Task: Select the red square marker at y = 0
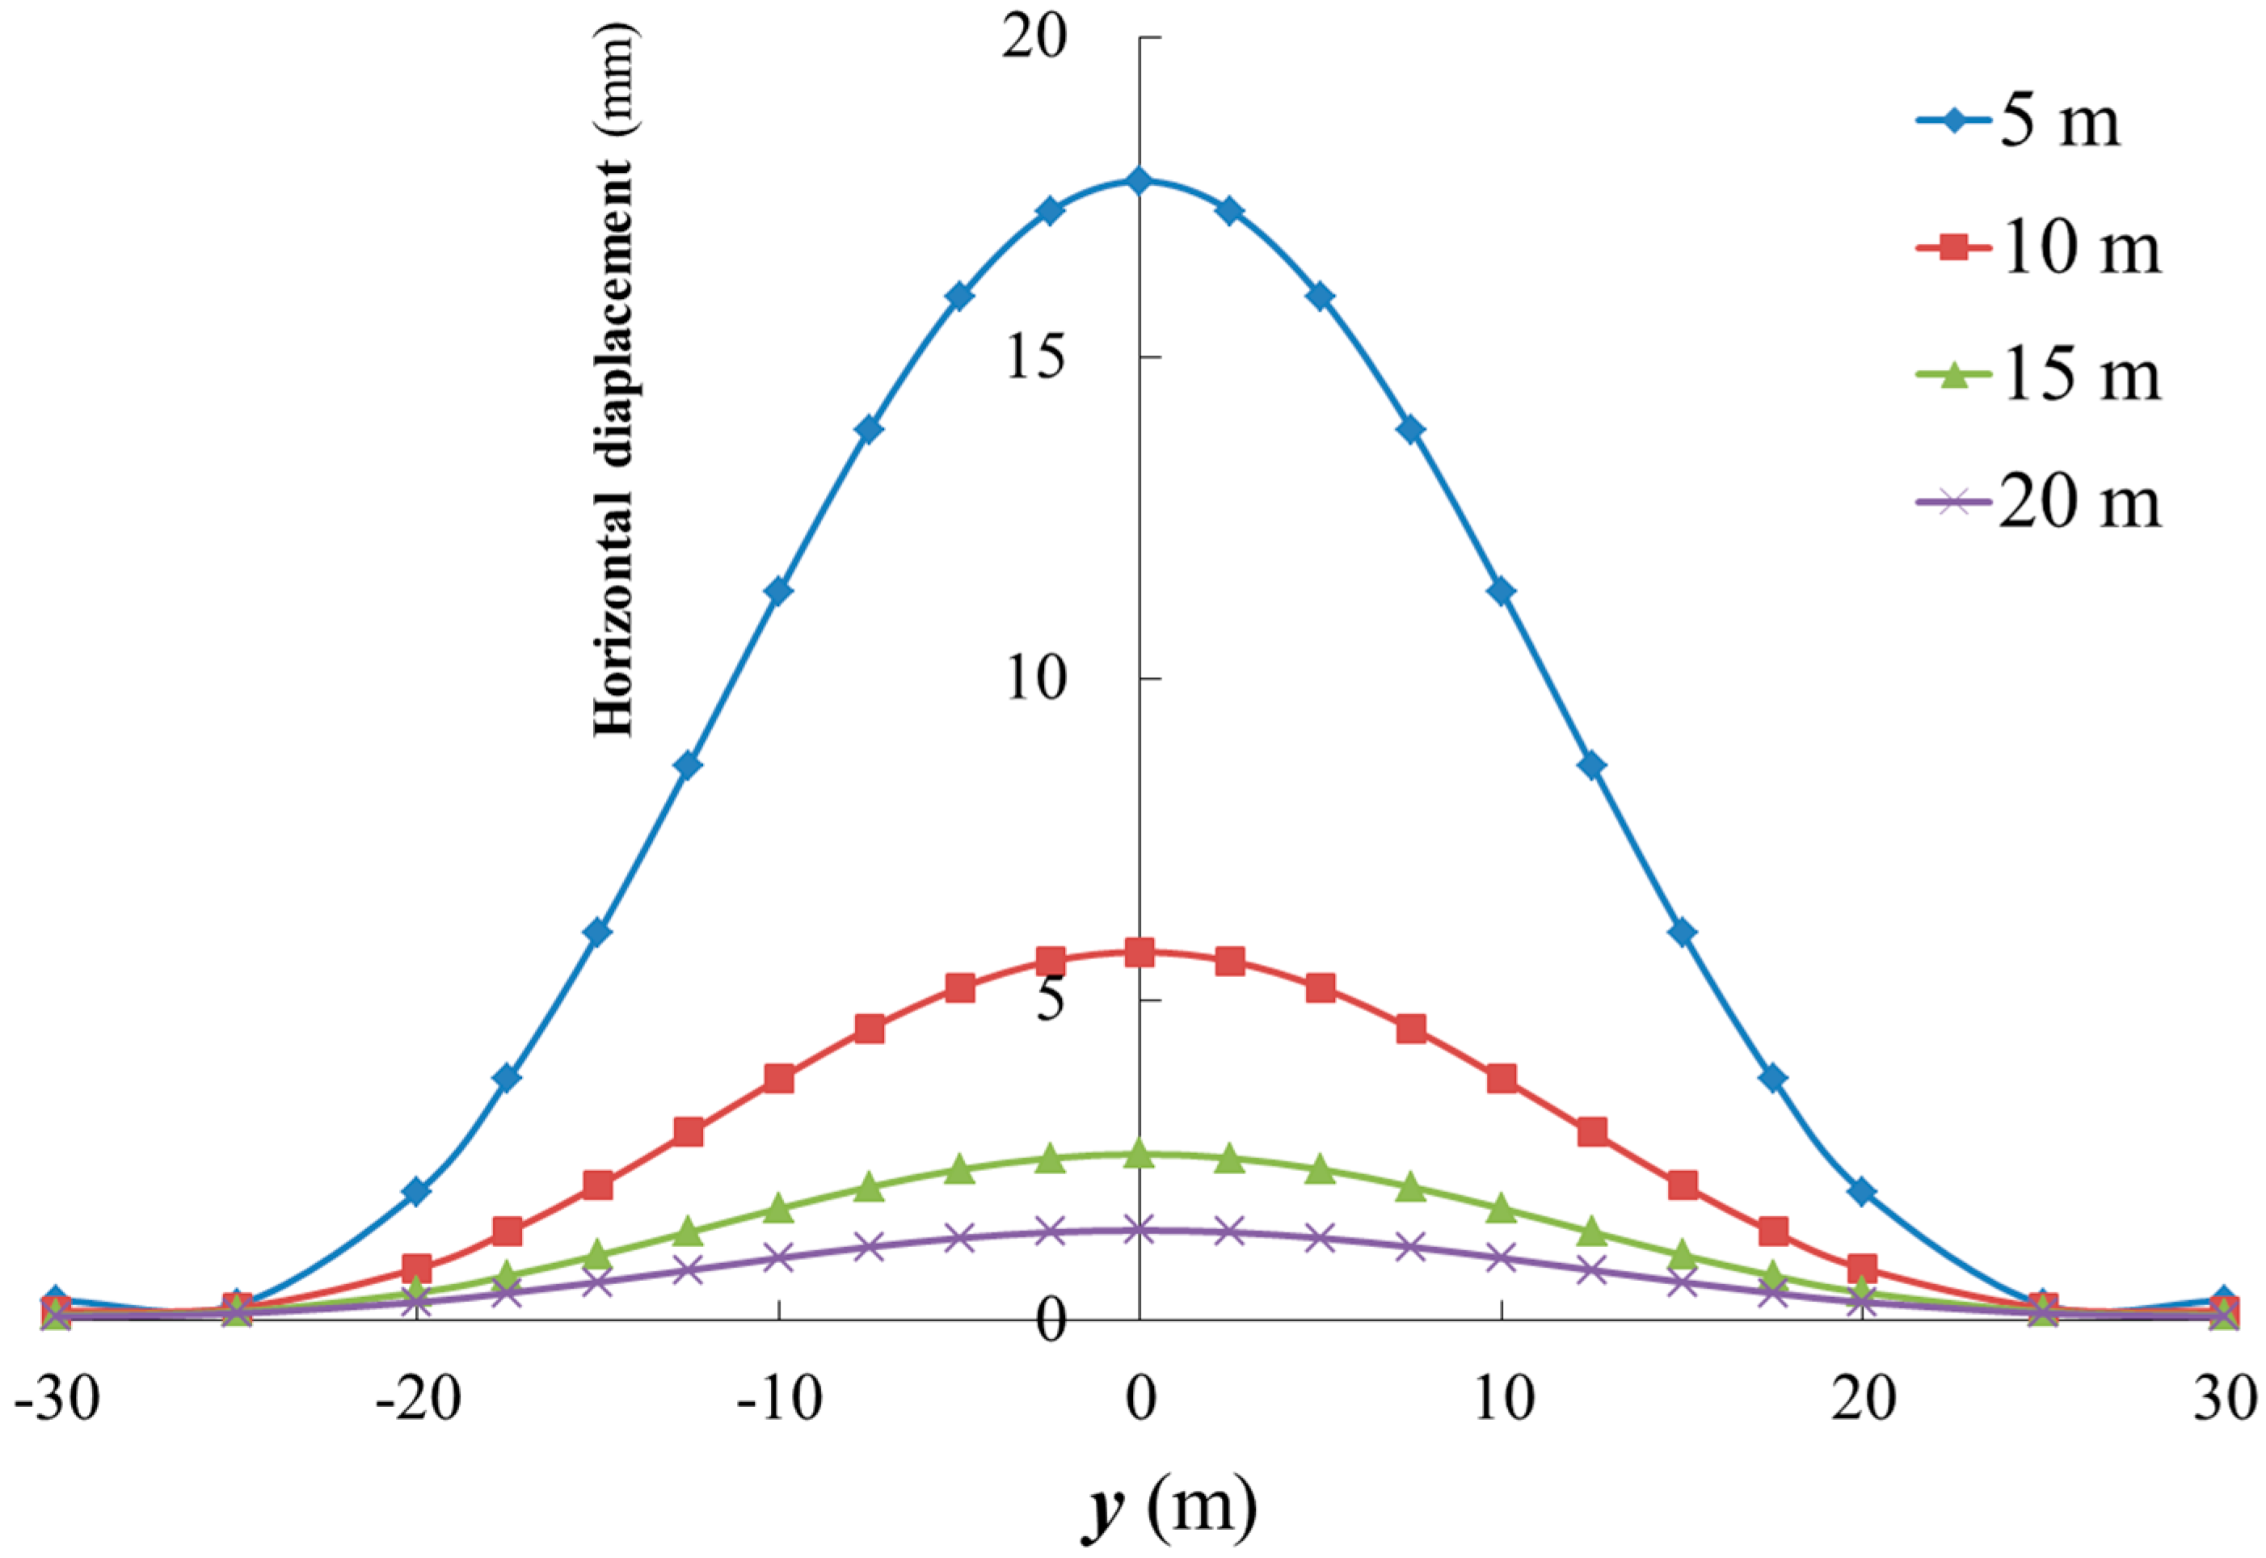click(x=1139, y=953)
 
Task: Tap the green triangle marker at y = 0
click(x=1139, y=1155)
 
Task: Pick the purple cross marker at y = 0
click(x=1139, y=1230)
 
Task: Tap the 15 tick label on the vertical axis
click(x=1035, y=360)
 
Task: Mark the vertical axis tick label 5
click(x=1050, y=1001)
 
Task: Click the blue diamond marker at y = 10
click(x=1502, y=592)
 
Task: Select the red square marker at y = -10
click(x=778, y=1079)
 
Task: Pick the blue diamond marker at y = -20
click(x=417, y=1191)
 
